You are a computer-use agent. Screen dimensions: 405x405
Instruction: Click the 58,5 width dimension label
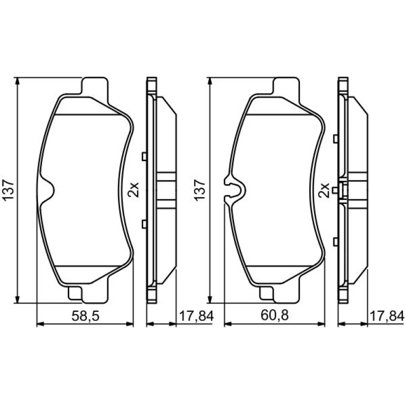[x=85, y=316]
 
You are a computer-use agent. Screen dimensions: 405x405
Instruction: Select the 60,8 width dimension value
[x=275, y=316]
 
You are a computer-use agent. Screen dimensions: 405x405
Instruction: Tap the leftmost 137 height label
[x=8, y=190]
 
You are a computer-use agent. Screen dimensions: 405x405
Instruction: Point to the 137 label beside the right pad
[x=200, y=190]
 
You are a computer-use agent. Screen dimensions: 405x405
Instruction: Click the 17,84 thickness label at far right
[x=387, y=316]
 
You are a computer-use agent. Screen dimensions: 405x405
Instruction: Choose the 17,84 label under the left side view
[x=196, y=316]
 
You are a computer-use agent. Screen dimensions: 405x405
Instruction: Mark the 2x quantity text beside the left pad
[x=134, y=190]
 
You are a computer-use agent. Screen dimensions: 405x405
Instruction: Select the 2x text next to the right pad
[x=324, y=190]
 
